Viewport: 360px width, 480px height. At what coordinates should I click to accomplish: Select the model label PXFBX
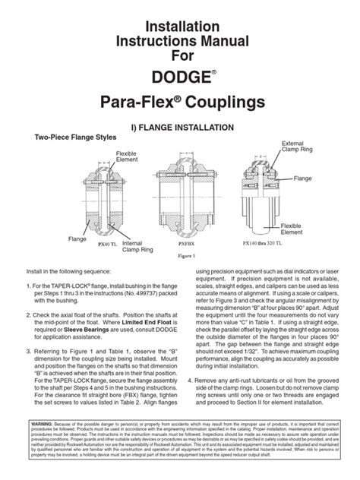(185, 245)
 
